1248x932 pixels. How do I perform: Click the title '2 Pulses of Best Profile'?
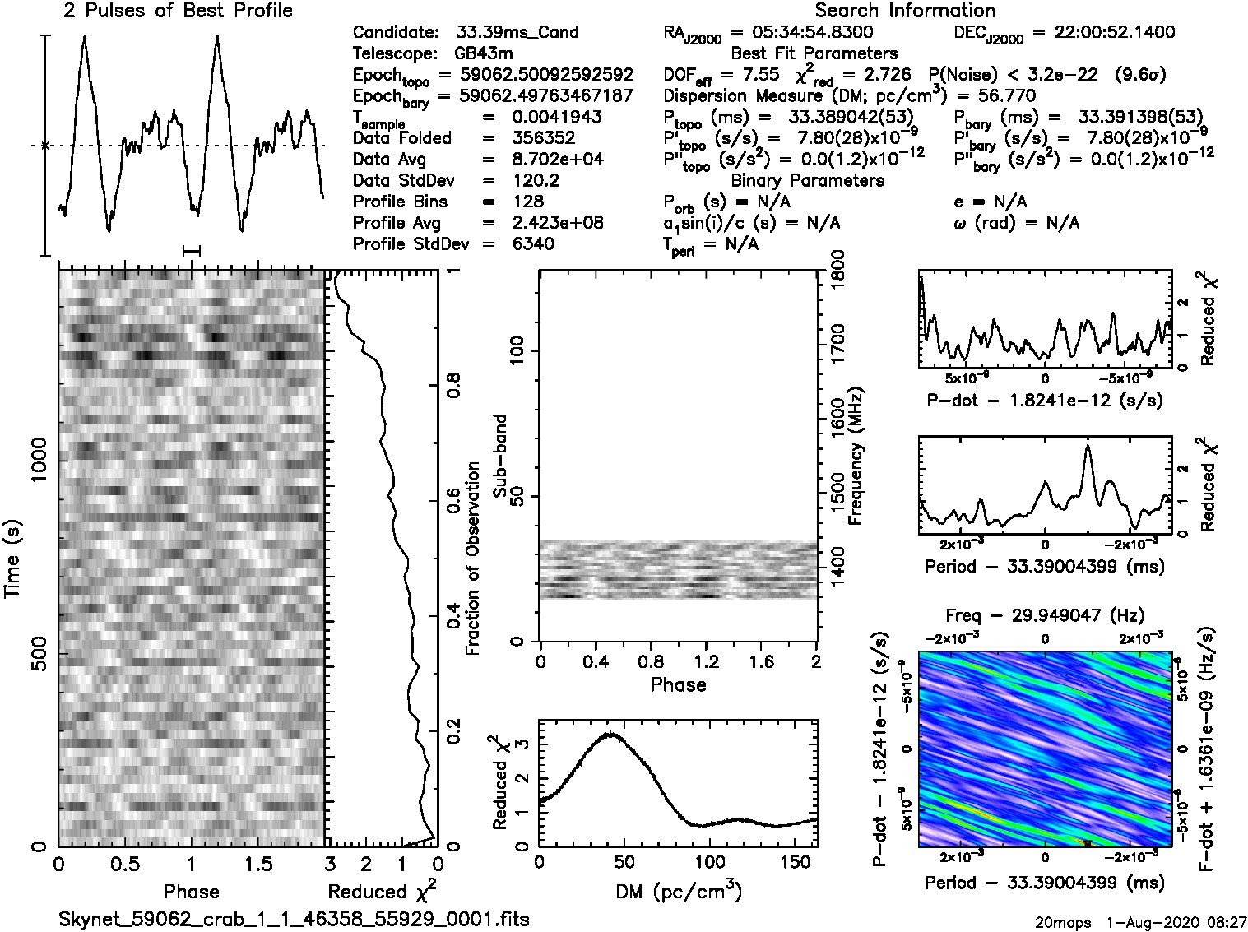178,11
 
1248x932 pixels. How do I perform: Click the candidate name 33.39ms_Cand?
517,33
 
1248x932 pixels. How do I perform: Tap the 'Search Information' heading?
905,11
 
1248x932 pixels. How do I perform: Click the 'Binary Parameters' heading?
807,180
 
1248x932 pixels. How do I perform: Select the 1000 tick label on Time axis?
39,462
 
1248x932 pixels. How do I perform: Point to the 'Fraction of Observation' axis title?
472,558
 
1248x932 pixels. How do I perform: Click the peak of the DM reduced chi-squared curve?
610,734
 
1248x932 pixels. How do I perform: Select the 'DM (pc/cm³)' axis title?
678,891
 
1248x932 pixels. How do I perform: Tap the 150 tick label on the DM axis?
786,862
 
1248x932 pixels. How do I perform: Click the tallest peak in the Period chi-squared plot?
1088,446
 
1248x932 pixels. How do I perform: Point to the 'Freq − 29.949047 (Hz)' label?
1045,615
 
